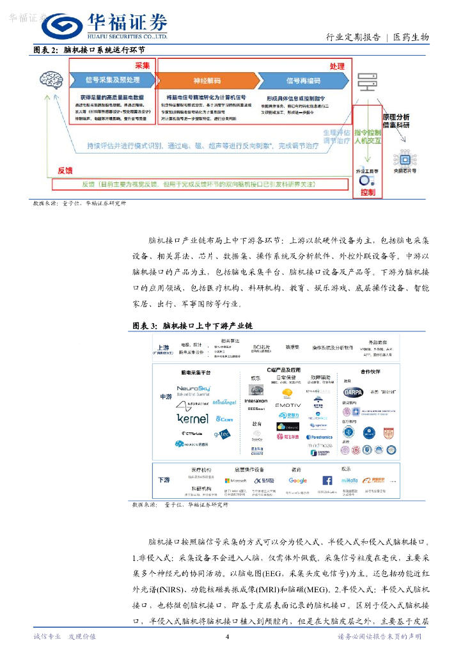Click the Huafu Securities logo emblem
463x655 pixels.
(61, 28)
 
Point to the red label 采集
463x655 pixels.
(142, 66)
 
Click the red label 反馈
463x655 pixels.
(65, 171)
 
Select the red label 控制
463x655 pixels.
(368, 192)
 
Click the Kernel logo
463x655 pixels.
(192, 418)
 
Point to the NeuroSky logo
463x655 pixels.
(193, 389)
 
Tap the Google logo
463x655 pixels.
(297, 480)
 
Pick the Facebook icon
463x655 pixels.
(327, 480)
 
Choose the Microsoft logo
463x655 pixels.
(235, 480)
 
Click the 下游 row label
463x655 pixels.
(164, 479)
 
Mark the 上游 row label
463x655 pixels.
(163, 348)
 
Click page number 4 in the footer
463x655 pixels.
(227, 636)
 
